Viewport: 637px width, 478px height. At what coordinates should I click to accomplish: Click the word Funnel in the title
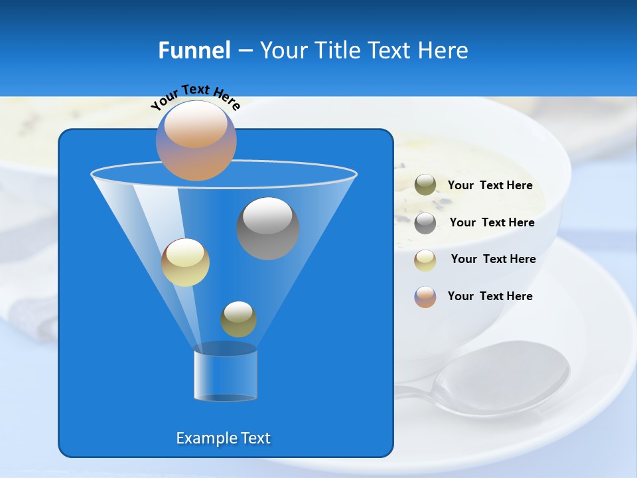click(x=194, y=50)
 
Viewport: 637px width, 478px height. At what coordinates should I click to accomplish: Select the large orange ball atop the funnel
click(x=196, y=141)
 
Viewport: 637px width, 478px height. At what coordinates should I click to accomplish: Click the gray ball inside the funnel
click(x=268, y=228)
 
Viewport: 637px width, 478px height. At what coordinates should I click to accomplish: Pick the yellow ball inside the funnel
click(x=185, y=262)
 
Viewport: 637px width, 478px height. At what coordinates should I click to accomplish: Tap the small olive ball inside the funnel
click(x=238, y=319)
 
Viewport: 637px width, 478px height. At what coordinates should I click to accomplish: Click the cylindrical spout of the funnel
click(x=225, y=375)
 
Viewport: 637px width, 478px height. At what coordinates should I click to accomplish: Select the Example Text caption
click(x=224, y=438)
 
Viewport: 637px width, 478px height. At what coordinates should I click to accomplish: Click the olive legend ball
click(x=425, y=185)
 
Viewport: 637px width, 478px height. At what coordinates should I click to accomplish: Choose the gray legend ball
click(x=425, y=223)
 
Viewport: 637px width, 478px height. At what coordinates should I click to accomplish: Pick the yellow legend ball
click(x=425, y=260)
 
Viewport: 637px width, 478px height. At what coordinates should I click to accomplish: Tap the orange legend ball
click(x=425, y=297)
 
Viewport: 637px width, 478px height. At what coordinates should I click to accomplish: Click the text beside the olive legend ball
click(x=490, y=186)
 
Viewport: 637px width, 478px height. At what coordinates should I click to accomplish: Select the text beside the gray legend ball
click(x=492, y=222)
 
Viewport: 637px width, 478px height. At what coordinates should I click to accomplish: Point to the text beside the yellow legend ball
click(x=493, y=259)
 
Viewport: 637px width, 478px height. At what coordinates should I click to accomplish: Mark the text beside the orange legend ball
click(x=490, y=296)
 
